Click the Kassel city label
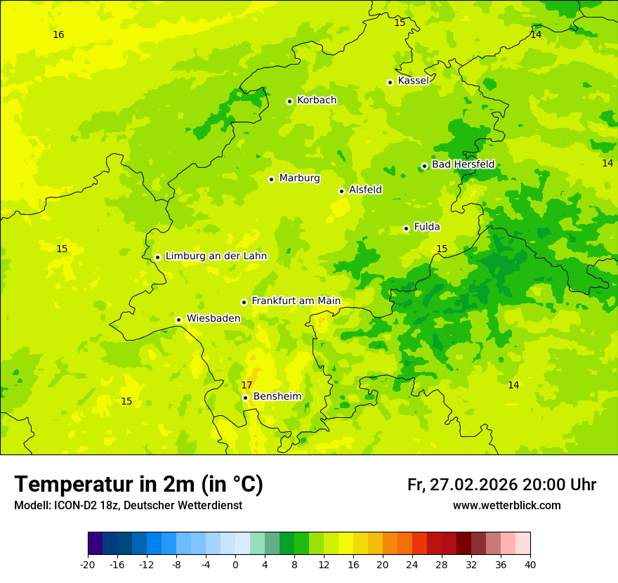click(413, 81)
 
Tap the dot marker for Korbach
click(289, 101)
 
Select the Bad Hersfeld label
click(463, 164)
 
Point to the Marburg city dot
click(271, 179)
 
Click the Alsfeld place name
click(365, 190)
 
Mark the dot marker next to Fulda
click(406, 228)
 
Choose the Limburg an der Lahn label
click(216, 256)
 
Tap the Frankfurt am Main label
click(296, 301)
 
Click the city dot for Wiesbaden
click(179, 320)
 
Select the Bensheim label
click(277, 397)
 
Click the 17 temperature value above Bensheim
click(246, 385)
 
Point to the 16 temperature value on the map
click(58, 34)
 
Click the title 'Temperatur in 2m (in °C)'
click(138, 485)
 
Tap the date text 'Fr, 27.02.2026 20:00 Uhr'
click(501, 485)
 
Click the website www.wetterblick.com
click(506, 506)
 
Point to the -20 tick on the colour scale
click(88, 564)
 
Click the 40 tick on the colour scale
click(530, 564)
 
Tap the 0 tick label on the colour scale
click(235, 564)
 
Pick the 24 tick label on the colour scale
click(412, 564)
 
